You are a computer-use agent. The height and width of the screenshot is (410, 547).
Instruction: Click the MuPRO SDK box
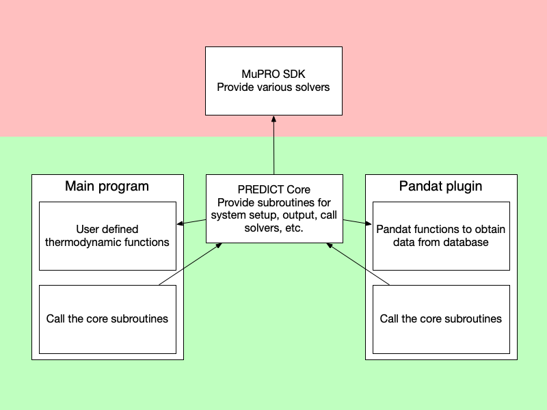(273, 81)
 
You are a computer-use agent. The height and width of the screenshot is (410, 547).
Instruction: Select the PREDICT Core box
(273, 208)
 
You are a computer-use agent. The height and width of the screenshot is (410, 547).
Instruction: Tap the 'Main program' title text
(107, 186)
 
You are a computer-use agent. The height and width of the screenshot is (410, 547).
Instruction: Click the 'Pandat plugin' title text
(440, 186)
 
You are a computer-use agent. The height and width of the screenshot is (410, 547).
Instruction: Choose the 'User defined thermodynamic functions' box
(107, 236)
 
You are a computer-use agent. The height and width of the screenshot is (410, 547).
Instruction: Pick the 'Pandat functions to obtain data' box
(441, 236)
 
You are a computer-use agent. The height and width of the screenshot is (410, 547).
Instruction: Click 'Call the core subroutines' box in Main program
(107, 319)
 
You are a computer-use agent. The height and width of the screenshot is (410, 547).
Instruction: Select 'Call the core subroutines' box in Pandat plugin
(441, 319)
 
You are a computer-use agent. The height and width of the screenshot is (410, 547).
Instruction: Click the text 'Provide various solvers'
(273, 87)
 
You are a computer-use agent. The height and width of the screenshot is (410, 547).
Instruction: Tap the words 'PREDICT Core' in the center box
(273, 190)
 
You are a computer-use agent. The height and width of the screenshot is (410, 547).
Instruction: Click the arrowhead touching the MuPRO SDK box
(273, 119)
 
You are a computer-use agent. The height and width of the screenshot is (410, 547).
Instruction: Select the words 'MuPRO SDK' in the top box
(273, 74)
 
